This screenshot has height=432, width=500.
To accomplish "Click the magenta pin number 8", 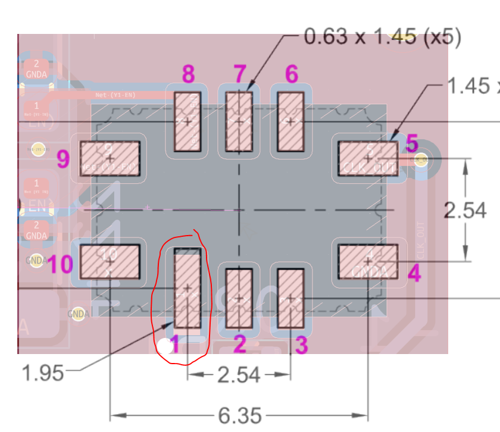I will pos(188,74).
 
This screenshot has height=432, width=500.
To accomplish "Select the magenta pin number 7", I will pos(240,74).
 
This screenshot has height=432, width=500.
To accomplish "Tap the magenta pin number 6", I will pos(292,74).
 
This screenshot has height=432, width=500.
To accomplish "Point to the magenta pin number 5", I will pos(412,143).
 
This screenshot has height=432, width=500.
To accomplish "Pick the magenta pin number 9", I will pos(64,159).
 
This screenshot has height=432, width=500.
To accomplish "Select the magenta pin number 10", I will pos(61,264).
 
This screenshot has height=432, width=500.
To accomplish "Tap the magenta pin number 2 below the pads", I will pos(239,344).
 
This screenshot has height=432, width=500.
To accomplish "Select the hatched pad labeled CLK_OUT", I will pos(368,158).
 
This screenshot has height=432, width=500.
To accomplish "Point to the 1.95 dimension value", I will pos(42,374).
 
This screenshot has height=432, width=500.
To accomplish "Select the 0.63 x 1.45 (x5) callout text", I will pos(383,37).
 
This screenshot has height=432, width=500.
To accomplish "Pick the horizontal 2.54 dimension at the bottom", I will pos(239,375).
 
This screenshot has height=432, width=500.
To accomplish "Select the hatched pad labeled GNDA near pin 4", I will pos(368,262).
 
